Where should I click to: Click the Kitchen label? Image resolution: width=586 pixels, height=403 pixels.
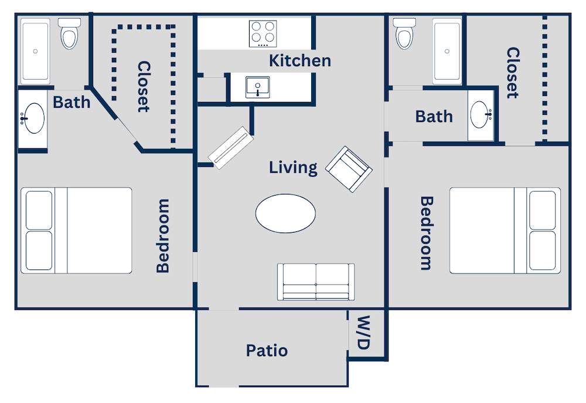[299, 60]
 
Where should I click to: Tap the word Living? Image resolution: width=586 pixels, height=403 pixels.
[293, 168]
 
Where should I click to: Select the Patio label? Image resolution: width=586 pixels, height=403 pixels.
[267, 351]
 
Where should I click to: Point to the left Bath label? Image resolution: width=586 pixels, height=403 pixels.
[71, 102]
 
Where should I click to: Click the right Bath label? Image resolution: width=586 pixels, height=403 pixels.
[434, 117]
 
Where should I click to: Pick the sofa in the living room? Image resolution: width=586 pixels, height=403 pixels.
[316, 282]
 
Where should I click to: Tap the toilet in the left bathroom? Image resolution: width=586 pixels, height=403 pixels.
[70, 33]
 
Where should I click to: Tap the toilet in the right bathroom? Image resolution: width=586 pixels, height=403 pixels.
[404, 33]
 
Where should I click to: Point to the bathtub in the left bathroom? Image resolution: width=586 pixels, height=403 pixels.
[36, 51]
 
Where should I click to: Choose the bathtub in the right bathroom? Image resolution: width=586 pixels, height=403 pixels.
[447, 51]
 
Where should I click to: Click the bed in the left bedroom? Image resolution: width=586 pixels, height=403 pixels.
[76, 230]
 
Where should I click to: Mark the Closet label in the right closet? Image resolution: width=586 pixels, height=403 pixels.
[513, 73]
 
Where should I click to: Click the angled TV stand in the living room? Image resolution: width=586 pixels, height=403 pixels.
[230, 147]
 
